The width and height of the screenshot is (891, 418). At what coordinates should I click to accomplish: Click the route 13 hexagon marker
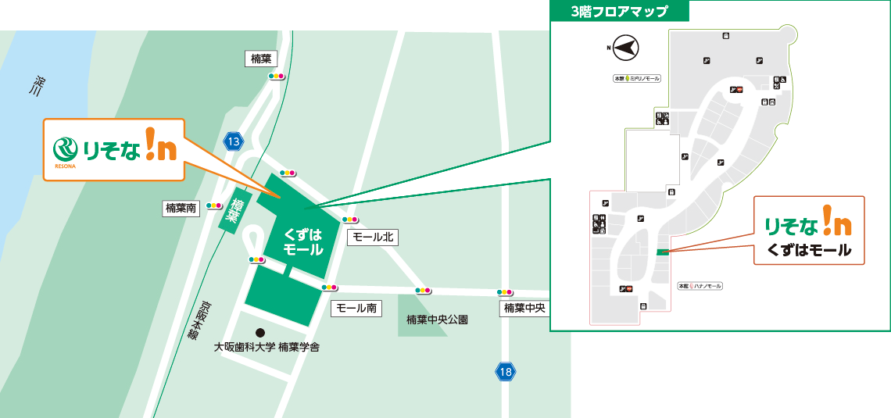(233, 141)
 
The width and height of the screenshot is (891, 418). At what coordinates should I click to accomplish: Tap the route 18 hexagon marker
(506, 372)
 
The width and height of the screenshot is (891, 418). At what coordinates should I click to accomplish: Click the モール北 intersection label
(372, 237)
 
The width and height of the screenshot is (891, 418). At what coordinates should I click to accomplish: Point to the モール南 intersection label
(356, 308)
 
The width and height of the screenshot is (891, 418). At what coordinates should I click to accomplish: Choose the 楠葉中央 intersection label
(524, 309)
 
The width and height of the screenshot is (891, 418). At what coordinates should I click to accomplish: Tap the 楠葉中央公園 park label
(437, 320)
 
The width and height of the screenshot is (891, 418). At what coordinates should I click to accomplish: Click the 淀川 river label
(36, 87)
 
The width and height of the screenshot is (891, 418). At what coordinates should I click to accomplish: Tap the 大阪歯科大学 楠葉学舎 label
(267, 347)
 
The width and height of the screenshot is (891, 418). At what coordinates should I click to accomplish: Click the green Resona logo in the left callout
(64, 148)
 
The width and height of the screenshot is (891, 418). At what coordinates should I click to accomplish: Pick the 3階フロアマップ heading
(619, 12)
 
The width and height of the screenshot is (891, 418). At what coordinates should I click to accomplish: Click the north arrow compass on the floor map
(624, 48)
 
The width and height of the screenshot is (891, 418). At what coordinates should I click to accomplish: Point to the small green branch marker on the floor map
(663, 252)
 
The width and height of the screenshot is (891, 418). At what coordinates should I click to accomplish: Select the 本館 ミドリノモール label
(637, 79)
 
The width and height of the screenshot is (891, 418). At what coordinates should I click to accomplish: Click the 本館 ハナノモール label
(700, 286)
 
